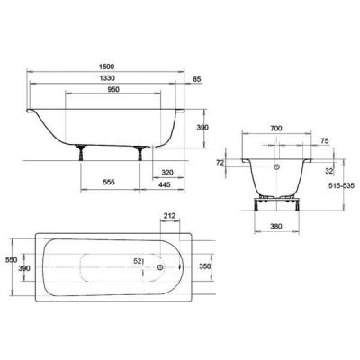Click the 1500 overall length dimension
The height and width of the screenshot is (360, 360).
106,67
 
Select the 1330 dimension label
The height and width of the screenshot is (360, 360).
106,78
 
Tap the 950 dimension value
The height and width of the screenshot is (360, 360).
113,89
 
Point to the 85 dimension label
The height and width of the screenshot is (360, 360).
196,79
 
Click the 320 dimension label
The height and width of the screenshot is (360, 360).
167,173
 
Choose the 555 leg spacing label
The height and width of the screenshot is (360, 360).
109,182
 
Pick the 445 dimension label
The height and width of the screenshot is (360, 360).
164,184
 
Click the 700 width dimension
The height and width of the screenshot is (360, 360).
276,129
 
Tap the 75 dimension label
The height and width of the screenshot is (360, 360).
325,140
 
